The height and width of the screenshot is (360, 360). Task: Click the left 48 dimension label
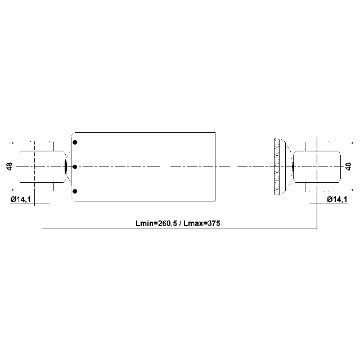click(x=10, y=166)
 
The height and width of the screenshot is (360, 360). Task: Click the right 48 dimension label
click(x=348, y=166)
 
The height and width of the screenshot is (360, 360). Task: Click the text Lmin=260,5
click(x=156, y=223)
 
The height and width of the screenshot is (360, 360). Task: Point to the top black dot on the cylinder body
click(x=75, y=142)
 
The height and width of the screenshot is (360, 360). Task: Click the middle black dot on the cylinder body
click(x=75, y=167)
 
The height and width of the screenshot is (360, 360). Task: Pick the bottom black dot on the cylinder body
click(x=75, y=192)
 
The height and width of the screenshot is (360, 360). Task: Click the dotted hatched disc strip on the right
click(x=276, y=166)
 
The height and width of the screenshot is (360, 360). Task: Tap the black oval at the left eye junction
click(x=66, y=166)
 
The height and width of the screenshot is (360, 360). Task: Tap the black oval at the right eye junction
click(x=293, y=166)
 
